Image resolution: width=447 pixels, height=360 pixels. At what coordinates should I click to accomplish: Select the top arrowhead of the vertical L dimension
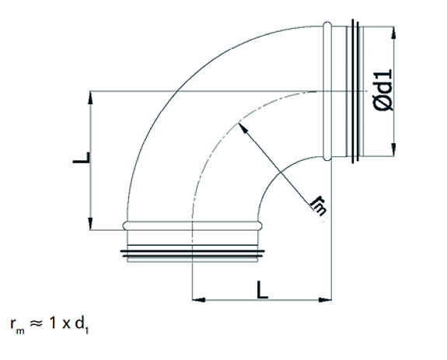(x=93, y=95)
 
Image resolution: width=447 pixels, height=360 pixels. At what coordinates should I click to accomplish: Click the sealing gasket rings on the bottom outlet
(x=192, y=252)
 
